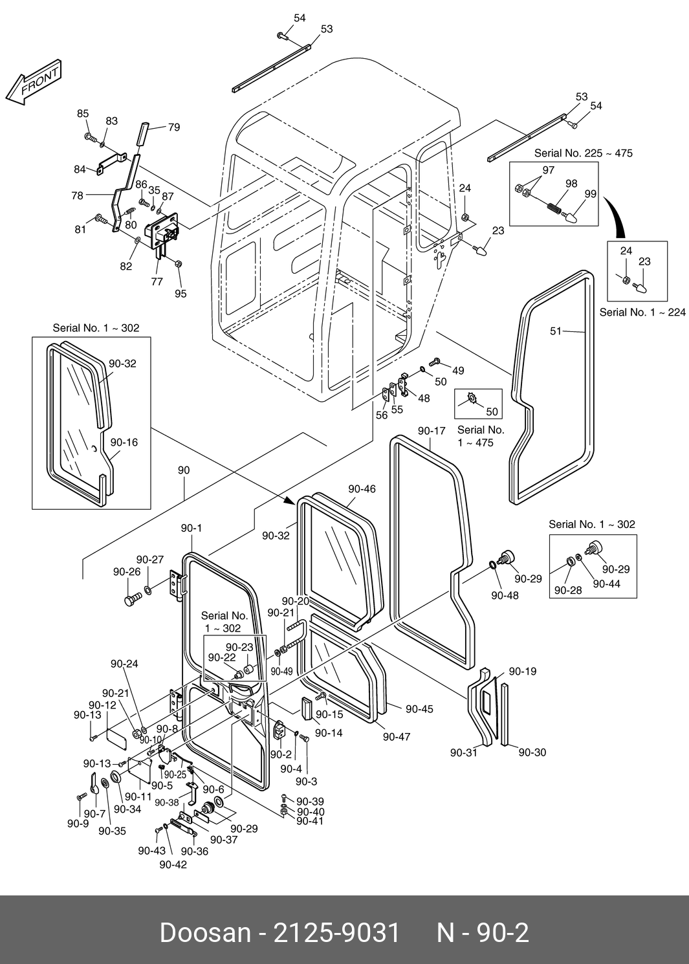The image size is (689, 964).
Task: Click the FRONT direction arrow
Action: (x=34, y=84)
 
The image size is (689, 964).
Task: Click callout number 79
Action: (x=174, y=127)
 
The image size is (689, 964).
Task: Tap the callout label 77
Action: (x=157, y=281)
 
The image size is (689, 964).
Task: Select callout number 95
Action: (x=180, y=294)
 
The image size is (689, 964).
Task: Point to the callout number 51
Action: (x=556, y=331)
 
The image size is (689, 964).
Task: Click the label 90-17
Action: (x=432, y=431)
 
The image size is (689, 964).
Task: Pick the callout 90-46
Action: (x=362, y=489)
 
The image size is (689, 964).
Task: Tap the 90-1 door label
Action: (x=191, y=528)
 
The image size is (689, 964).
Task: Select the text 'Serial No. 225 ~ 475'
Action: (x=583, y=153)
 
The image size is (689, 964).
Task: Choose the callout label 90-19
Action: (x=523, y=672)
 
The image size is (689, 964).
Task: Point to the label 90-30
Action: (x=532, y=752)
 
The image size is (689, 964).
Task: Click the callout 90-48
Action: (x=505, y=595)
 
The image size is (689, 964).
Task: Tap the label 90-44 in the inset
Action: (x=606, y=584)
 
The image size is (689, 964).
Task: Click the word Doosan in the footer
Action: (x=204, y=933)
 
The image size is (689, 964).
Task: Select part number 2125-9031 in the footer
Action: (x=337, y=933)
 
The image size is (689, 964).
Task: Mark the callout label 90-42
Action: (x=173, y=864)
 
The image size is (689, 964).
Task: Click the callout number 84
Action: (x=80, y=170)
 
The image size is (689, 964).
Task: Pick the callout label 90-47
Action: (x=396, y=736)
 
